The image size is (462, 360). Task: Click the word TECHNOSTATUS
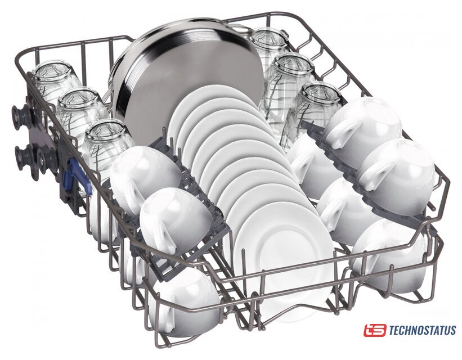(x=423, y=330)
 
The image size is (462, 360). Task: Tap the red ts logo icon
(x=374, y=330)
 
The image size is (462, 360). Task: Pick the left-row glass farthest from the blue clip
(x=55, y=83)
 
